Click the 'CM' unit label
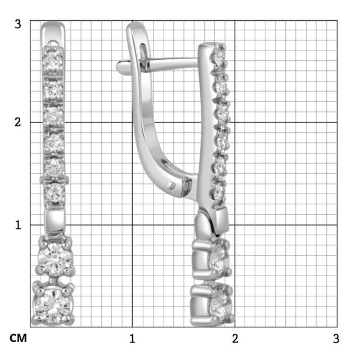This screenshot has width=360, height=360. click(18, 338)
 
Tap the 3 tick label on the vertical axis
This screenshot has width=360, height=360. click(17, 24)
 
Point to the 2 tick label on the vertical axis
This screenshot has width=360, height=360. click(17, 122)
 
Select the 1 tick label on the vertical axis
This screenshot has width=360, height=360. click(18, 225)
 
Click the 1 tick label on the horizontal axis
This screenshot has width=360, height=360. click(132, 339)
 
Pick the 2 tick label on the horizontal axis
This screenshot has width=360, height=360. click(235, 339)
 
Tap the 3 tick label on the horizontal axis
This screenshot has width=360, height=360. click(336, 339)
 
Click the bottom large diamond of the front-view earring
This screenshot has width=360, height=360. click(53, 305)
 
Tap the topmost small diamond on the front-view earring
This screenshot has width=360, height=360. click(52, 60)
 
